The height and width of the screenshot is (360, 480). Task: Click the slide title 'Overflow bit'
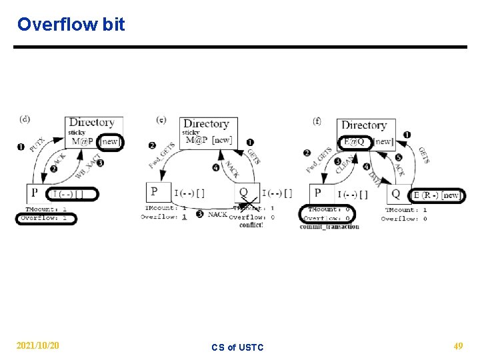71,25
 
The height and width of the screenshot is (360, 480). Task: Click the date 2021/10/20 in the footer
38,346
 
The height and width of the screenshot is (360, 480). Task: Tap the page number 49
458,346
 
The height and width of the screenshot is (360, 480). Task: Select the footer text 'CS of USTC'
237,347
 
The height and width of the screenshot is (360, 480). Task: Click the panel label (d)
25,119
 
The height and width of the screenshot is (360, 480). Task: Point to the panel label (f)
317,121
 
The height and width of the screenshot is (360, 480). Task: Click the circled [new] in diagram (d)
110,141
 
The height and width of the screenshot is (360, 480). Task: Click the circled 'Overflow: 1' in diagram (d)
46,218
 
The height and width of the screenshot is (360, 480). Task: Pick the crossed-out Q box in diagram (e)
245,193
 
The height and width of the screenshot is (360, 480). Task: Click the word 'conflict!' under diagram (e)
251,225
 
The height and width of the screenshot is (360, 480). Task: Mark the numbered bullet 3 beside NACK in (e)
199,214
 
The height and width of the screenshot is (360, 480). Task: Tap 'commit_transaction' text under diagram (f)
329,227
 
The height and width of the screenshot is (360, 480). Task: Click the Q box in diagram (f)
396,194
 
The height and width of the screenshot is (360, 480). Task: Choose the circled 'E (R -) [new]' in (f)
436,195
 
